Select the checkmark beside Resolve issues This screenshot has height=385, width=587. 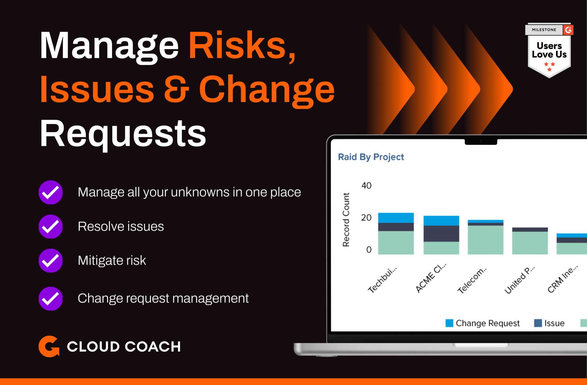click(x=51, y=227)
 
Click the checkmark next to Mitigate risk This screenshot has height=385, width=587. click(x=51, y=261)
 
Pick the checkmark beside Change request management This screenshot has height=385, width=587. click(x=51, y=298)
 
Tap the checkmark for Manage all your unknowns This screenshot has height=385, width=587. click(x=51, y=192)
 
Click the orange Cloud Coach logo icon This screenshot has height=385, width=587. click(x=49, y=346)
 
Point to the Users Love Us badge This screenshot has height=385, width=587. click(x=549, y=50)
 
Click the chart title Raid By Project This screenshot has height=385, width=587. click(x=371, y=157)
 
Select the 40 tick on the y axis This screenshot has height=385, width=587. click(x=366, y=185)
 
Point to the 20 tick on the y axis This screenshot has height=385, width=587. click(x=366, y=217)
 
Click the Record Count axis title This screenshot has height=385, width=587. click(x=346, y=219)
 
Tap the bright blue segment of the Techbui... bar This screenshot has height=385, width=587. click(x=396, y=218)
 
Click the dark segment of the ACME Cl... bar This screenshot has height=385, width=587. click(x=441, y=234)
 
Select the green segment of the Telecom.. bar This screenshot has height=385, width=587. click(x=485, y=240)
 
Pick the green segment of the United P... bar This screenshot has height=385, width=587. click(x=530, y=243)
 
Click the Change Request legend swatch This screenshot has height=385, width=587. click(x=449, y=323)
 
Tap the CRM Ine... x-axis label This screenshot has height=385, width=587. click(x=563, y=279)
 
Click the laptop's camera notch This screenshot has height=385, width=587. click(x=481, y=141)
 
